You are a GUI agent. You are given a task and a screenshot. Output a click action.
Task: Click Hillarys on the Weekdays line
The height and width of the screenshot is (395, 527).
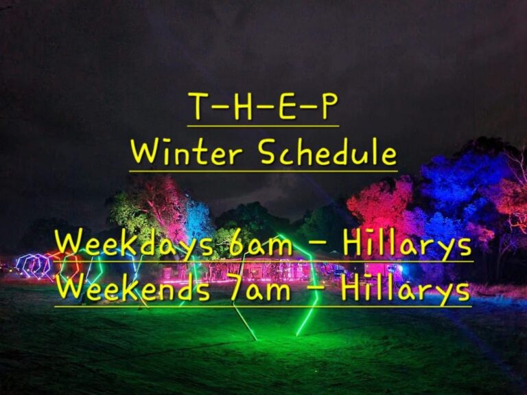[x=408, y=245]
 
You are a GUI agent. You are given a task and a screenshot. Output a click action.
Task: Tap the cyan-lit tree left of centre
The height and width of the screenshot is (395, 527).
[x=198, y=218]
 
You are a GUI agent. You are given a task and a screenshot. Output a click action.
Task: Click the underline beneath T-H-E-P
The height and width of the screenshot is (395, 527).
[x=263, y=126]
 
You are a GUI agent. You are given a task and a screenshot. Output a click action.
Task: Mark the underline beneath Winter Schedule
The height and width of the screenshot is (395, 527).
[x=263, y=171]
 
